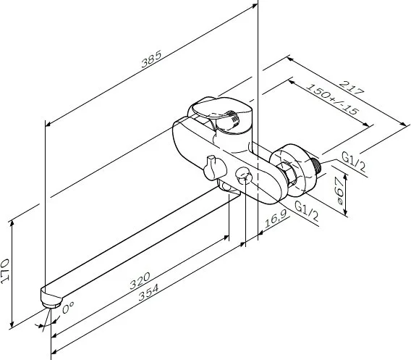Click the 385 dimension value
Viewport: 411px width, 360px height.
coord(151,59)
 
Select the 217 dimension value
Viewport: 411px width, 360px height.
coord(352,88)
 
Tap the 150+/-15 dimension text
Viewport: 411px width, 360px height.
coord(332,99)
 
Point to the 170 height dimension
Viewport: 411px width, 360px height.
coord(5,271)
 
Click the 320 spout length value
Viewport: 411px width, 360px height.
coord(140,280)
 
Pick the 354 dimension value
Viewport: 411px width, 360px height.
coord(148,293)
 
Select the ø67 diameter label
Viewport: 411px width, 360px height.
coord(340,191)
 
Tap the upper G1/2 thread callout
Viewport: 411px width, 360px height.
coord(354,162)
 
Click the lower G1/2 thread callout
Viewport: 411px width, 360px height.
coord(307,211)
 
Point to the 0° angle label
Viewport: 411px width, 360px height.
coord(68,307)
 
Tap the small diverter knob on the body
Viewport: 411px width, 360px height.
coord(213,168)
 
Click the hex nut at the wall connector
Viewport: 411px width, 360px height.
coord(287,173)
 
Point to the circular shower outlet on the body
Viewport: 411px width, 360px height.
coord(244,175)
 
